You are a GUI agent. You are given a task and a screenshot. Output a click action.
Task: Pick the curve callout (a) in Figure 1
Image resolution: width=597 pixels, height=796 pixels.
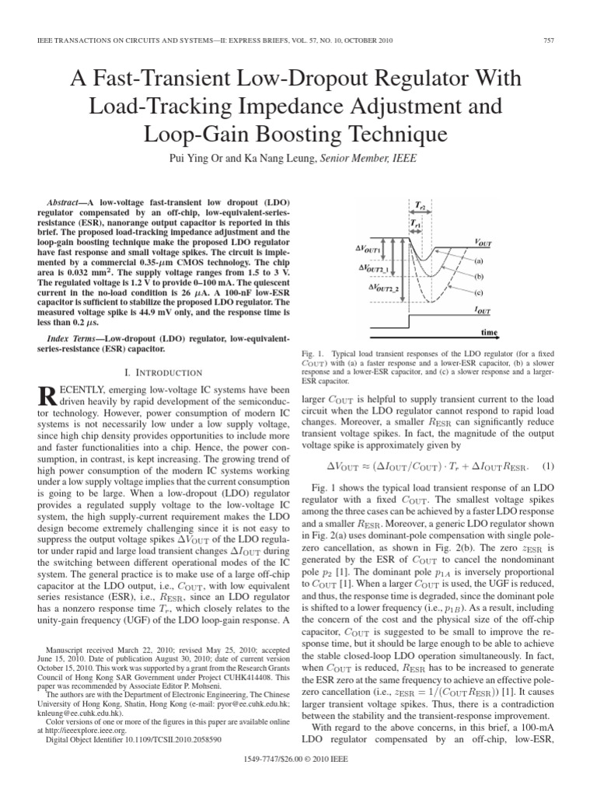479,262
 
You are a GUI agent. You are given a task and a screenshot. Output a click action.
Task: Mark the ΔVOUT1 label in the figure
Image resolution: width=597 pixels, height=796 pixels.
366,250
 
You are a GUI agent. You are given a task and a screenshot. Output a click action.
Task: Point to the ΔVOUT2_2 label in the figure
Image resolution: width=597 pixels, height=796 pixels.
372,288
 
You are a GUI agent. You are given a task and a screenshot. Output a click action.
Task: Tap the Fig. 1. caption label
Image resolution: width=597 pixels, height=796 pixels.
312,354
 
